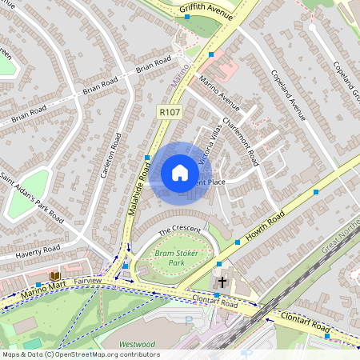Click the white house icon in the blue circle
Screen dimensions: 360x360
click(x=179, y=173)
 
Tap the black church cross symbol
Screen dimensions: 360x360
click(x=222, y=282)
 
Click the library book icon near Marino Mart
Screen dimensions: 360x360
click(x=54, y=277)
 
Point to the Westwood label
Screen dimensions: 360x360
click(x=137, y=344)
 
